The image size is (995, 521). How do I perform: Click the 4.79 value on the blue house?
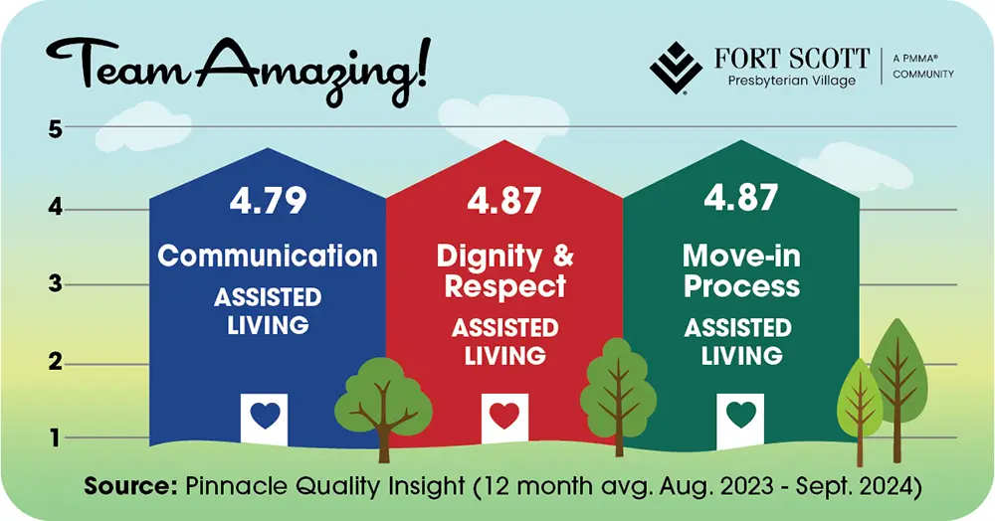click(268, 201)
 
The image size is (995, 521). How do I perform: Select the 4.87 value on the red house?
click(504, 201)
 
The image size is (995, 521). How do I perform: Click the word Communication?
click(268, 256)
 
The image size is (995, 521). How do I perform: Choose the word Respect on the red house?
click(504, 286)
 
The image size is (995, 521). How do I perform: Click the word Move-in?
click(740, 256)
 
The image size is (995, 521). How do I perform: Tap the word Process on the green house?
click(740, 286)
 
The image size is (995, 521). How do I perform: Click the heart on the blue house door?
click(265, 416)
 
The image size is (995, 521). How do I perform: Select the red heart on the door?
click(503, 416)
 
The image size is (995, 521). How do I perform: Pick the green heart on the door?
click(740, 414)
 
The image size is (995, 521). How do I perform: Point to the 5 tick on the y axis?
click(56, 128)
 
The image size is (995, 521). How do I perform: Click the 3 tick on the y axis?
click(56, 284)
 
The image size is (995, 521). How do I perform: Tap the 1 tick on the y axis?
click(56, 437)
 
